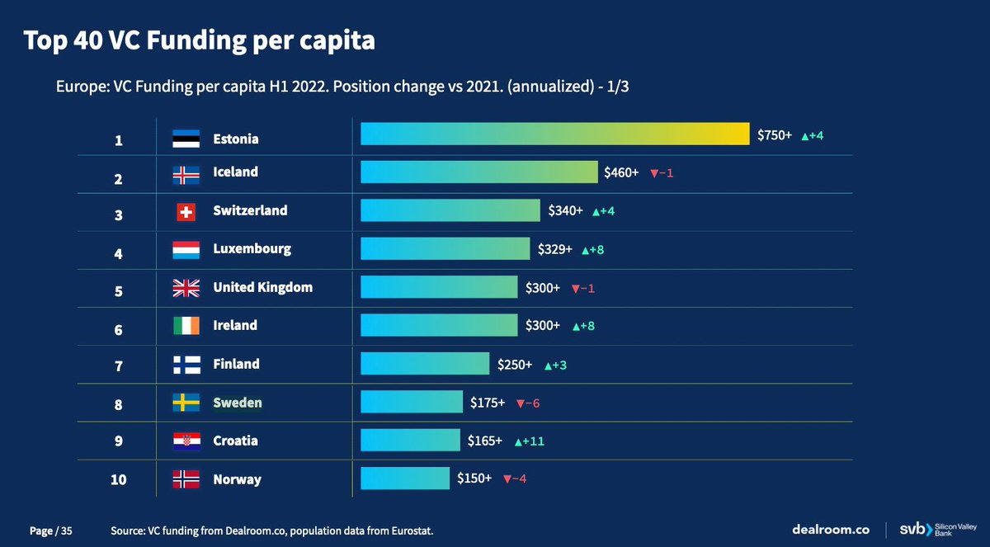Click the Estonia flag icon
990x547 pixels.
(186, 139)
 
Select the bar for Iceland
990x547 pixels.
(478, 172)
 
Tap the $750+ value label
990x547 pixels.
(774, 135)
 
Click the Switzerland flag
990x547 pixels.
(186, 212)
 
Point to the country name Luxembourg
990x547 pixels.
(252, 248)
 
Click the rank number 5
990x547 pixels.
(118, 291)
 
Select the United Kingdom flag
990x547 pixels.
(186, 288)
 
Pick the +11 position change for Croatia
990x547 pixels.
(529, 441)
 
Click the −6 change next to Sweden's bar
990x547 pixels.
(527, 403)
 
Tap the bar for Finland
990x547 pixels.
(425, 364)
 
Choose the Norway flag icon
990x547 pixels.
(186, 479)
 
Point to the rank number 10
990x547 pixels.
(118, 480)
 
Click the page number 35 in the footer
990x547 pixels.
(67, 531)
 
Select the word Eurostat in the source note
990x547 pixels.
(408, 531)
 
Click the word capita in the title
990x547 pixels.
(331, 40)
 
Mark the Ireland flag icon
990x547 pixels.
(186, 326)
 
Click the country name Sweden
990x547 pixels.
(238, 403)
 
